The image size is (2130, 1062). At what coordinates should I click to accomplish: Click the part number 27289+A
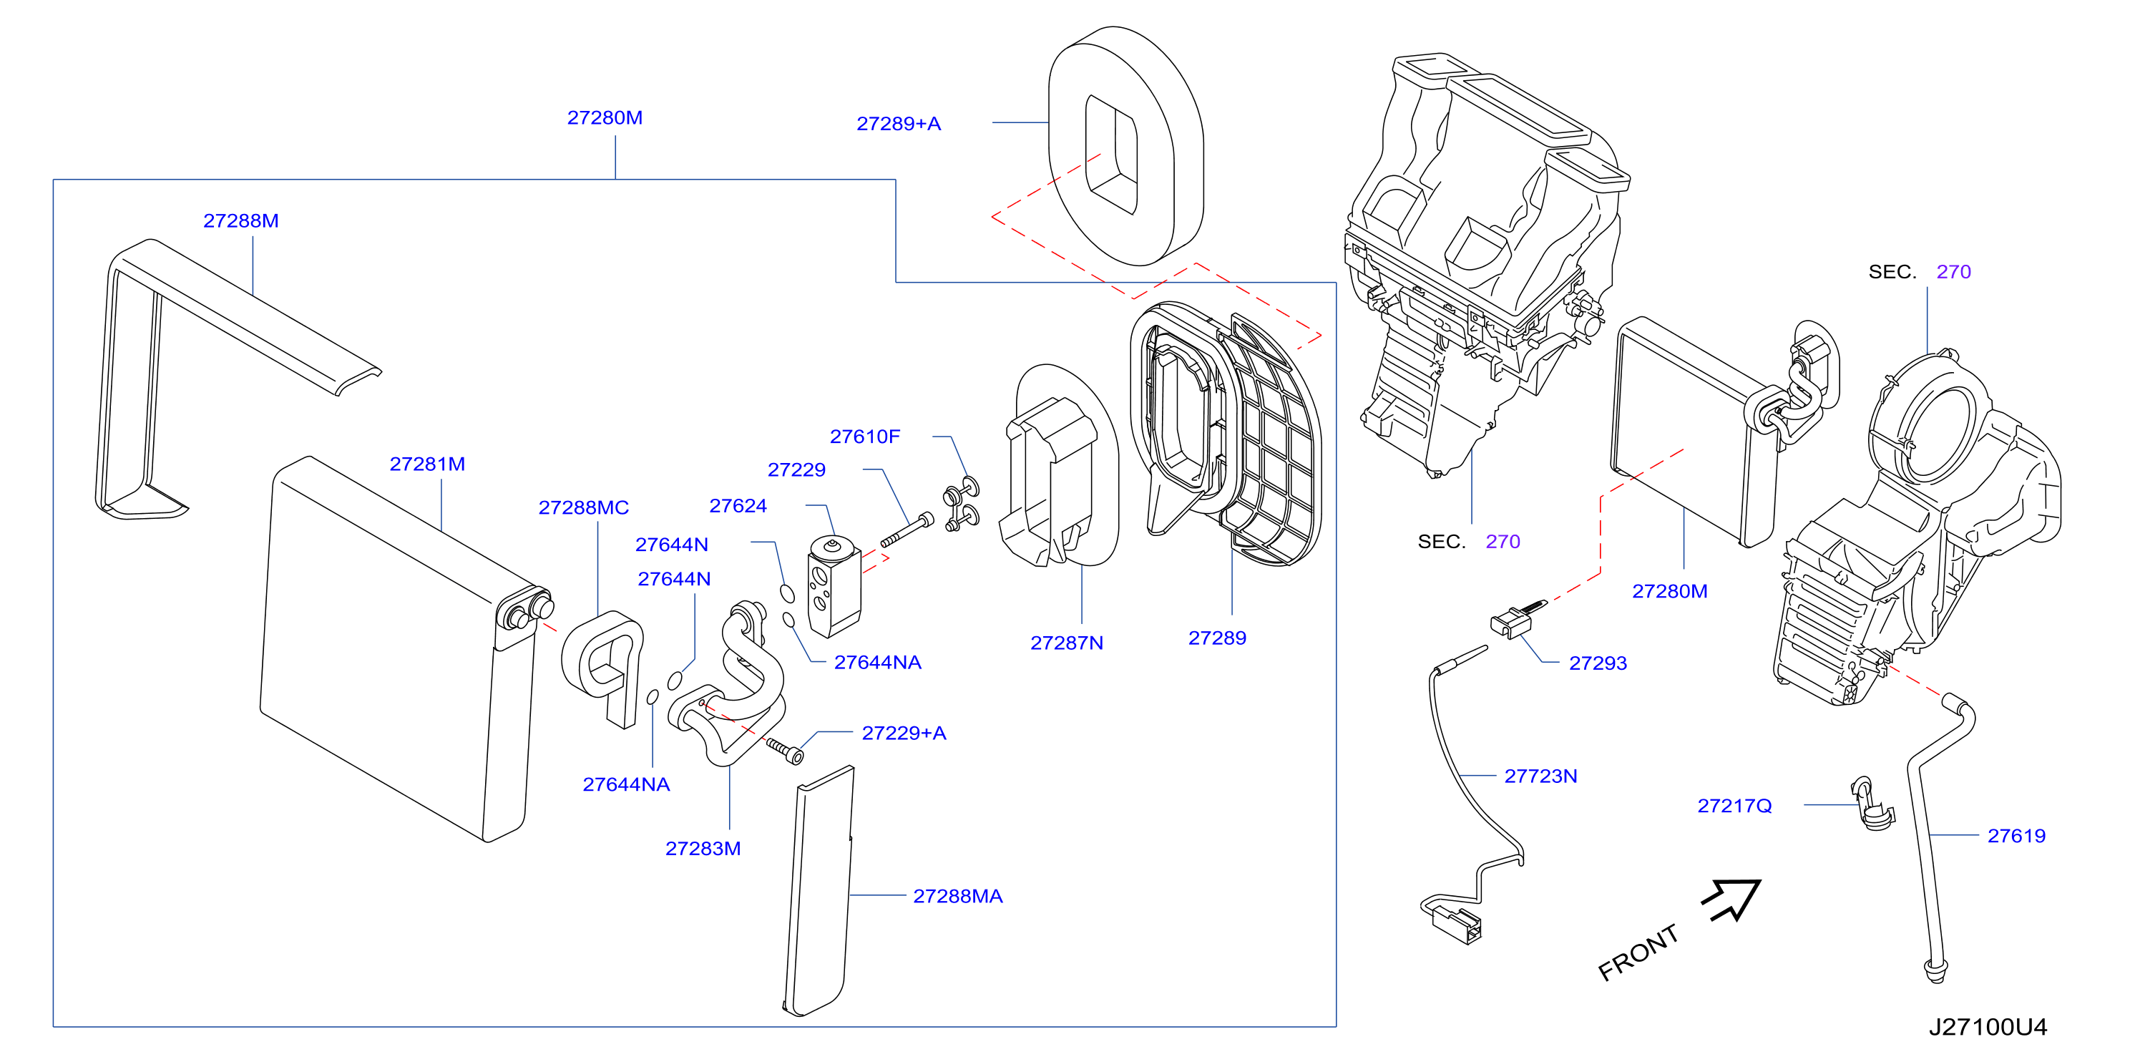tap(898, 124)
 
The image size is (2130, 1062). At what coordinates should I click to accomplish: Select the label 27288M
tap(240, 221)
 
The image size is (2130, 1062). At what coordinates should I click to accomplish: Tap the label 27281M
tap(427, 464)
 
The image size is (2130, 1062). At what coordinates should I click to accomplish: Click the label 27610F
tap(865, 437)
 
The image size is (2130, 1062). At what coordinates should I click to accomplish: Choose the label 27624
tap(738, 506)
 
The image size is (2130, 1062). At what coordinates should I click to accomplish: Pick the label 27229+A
tap(904, 734)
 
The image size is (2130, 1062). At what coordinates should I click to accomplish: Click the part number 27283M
tap(703, 849)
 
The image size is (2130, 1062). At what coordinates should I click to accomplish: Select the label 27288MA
tap(957, 897)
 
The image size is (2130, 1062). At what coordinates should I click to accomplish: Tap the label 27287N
tap(1067, 643)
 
